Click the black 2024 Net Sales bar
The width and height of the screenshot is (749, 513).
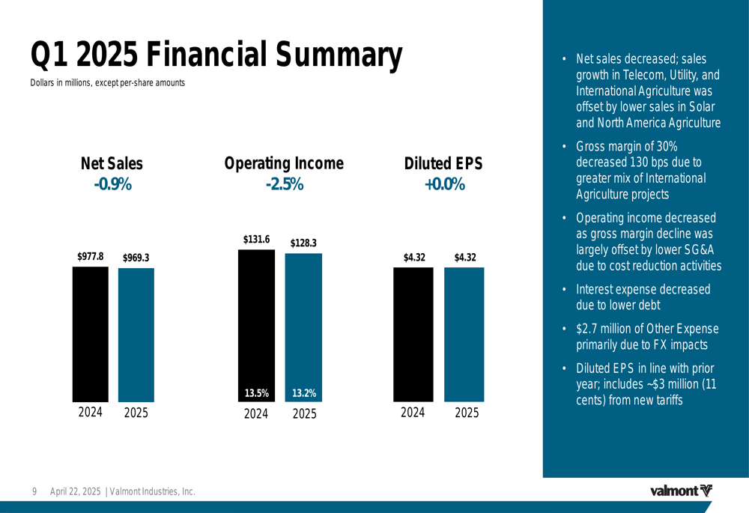pos(91,334)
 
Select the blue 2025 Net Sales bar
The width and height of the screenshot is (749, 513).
pos(136,335)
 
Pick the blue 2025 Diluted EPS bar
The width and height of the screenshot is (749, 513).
pos(464,334)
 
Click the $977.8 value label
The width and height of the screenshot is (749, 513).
pos(91,256)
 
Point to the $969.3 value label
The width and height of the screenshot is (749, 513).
pos(136,258)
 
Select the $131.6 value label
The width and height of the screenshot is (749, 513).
pos(256,239)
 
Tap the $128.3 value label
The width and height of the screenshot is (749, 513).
pos(303,243)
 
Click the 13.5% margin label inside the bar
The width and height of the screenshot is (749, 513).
pos(256,392)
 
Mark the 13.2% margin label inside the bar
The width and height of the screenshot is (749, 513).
pos(303,392)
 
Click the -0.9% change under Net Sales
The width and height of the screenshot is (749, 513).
pos(112,184)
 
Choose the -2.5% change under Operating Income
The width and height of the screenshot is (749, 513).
pos(284,184)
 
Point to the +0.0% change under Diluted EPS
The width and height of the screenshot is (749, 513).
pos(444,184)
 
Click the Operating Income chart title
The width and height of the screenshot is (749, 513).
pos(284,163)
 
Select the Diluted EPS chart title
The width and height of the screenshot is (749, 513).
pos(443,163)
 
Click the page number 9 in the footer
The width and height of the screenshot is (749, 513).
pos(34,491)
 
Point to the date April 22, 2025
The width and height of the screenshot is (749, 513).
pos(76,491)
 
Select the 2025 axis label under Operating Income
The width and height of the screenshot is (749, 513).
pos(304,413)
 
